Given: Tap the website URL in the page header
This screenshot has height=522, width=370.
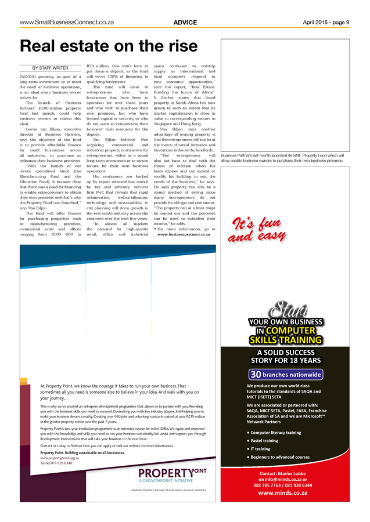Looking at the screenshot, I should (x=66, y=23).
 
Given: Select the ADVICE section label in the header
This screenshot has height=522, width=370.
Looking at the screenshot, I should (x=185, y=23).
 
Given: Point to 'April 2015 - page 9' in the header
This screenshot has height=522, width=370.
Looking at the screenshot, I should (x=326, y=23).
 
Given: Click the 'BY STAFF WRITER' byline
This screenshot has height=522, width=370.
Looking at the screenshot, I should (x=50, y=68).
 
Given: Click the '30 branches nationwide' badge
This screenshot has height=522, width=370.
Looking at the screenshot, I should (x=285, y=375).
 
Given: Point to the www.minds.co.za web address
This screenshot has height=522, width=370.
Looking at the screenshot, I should (x=286, y=492).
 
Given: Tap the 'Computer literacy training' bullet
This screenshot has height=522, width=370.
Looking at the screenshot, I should (x=275, y=433).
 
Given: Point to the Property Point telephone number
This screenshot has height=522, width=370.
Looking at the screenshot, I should (x=56, y=463).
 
